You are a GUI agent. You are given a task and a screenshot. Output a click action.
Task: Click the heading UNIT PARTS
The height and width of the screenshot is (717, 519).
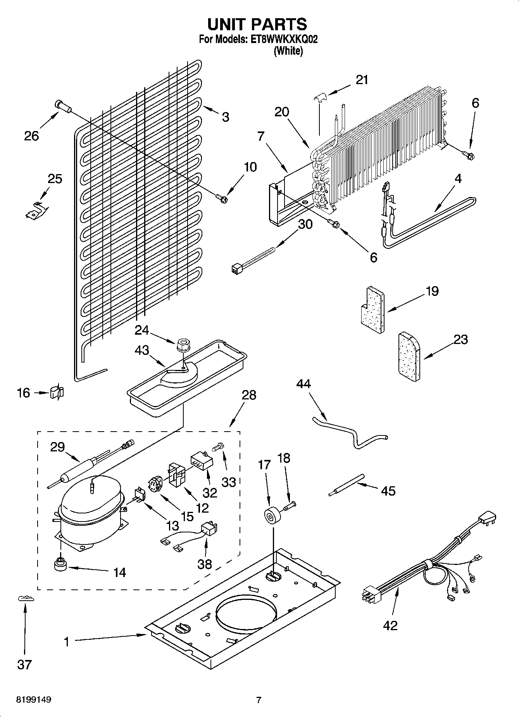tap(257, 24)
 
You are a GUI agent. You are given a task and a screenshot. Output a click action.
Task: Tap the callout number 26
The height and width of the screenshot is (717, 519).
tap(31, 136)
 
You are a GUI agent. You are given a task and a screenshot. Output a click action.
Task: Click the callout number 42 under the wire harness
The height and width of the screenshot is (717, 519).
tap(390, 625)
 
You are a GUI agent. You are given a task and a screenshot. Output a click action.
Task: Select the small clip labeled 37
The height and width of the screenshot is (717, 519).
tap(26, 599)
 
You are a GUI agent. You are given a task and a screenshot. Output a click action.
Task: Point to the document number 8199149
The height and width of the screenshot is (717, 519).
tap(34, 700)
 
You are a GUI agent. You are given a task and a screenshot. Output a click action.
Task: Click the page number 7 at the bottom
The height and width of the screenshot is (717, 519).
tap(259, 700)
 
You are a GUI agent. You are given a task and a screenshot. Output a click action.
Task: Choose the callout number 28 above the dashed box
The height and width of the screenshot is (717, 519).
tap(249, 395)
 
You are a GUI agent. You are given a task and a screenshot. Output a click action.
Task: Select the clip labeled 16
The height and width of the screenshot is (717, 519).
tap(57, 393)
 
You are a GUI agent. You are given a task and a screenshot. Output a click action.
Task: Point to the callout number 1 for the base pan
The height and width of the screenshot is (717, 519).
tap(67, 642)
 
